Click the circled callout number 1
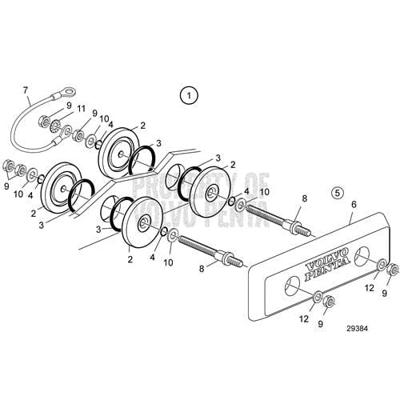[x=188, y=96]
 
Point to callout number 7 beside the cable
[x=26, y=90]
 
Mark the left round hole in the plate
[x=290, y=281]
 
